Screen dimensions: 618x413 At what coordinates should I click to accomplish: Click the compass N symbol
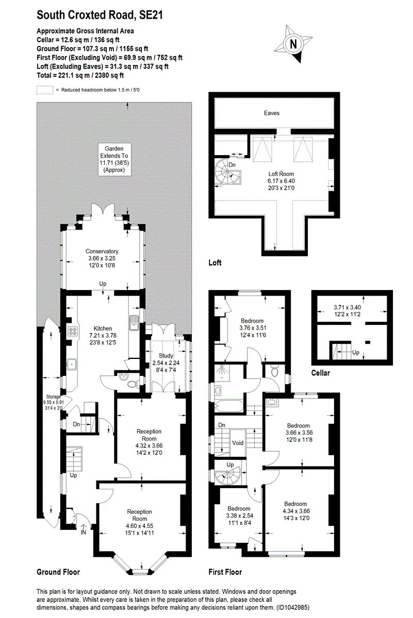pyautogui.click(x=293, y=45)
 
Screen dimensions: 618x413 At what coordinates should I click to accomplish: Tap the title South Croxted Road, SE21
pyautogui.click(x=100, y=15)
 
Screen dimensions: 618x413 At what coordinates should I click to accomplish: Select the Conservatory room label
pyautogui.click(x=102, y=251)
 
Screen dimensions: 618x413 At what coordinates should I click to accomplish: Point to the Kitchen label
pyautogui.click(x=103, y=328)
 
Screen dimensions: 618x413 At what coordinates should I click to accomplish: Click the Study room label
pyautogui.click(x=166, y=355)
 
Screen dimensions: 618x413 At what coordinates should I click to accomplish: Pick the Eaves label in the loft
pyautogui.click(x=272, y=113)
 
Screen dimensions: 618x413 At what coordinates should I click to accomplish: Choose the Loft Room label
pyautogui.click(x=282, y=174)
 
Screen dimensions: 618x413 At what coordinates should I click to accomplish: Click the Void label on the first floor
pyautogui.click(x=238, y=443)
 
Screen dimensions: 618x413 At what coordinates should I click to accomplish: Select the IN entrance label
pyautogui.click(x=84, y=532)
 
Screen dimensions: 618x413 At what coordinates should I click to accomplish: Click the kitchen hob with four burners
pyautogui.click(x=71, y=331)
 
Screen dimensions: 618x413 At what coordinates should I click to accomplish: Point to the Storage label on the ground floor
pyautogui.click(x=52, y=397)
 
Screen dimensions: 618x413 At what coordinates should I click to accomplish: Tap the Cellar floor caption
pyautogui.click(x=321, y=373)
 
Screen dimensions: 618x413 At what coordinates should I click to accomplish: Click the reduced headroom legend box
pyautogui.click(x=45, y=90)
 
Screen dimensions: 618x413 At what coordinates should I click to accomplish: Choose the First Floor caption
pyautogui.click(x=225, y=572)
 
